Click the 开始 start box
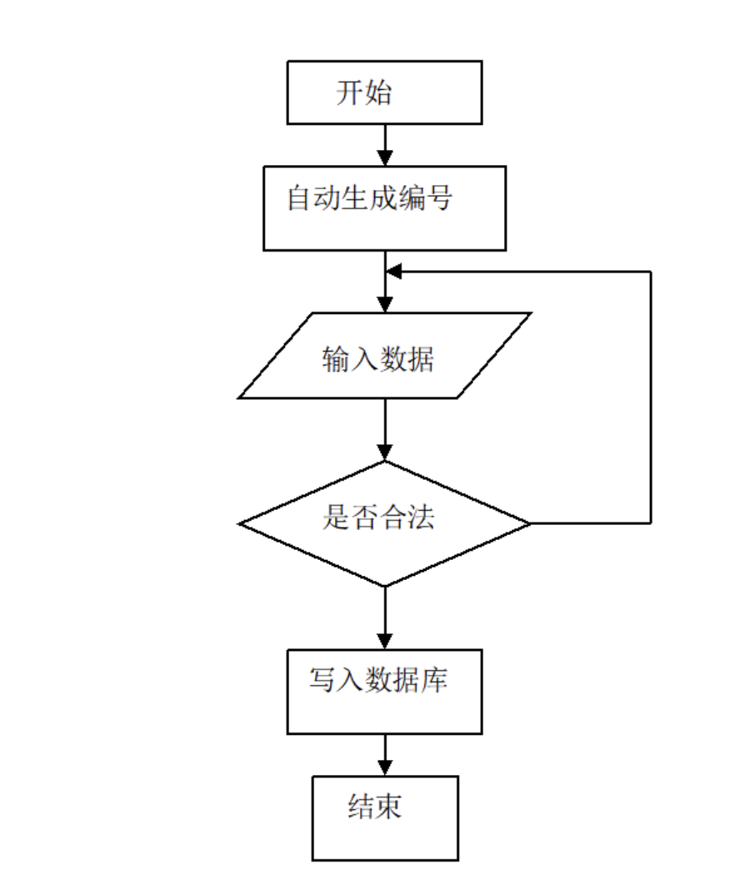[384, 92]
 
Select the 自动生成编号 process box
[384, 207]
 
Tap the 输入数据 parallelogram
[384, 356]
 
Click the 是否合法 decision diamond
[384, 523]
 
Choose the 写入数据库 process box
[384, 692]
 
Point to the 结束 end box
[384, 817]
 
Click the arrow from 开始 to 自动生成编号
[384, 145]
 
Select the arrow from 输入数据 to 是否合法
[384, 429]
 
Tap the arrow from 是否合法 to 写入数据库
[384, 617]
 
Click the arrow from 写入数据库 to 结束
[384, 755]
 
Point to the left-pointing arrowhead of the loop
[394, 272]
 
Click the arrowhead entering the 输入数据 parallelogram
[384, 305]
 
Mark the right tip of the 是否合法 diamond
[529, 523]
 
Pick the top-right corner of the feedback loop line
[650, 272]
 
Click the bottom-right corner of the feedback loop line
[650, 523]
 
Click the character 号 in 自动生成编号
[439, 198]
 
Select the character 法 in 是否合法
[421, 518]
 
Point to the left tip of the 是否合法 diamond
[240, 523]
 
